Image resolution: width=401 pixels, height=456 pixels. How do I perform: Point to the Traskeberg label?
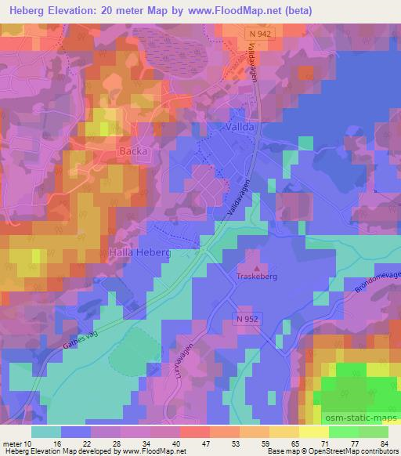[x=258, y=277]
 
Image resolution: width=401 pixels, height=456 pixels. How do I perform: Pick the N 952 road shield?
[x=244, y=319]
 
